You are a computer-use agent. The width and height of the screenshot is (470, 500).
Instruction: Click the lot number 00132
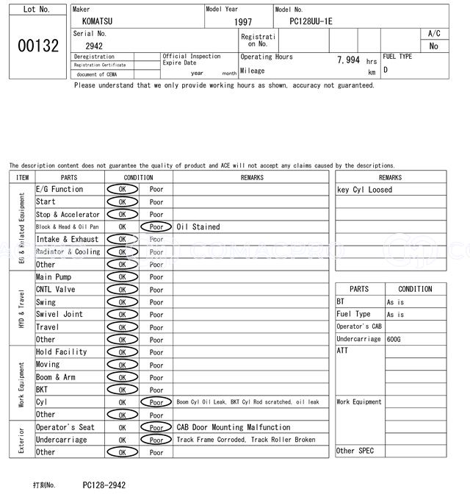pyautogui.click(x=37, y=46)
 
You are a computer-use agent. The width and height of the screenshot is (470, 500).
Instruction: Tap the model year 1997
pyautogui.click(x=243, y=22)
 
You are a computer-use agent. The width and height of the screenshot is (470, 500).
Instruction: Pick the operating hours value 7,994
pyautogui.click(x=348, y=60)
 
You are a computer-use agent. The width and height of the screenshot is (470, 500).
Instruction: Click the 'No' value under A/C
pyautogui.click(x=433, y=46)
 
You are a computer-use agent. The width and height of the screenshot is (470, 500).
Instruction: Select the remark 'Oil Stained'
pyautogui.click(x=198, y=227)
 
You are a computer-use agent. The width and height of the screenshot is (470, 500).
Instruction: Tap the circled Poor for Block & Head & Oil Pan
pyautogui.click(x=156, y=227)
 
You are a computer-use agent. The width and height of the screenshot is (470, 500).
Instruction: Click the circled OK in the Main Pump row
pyautogui.click(x=122, y=277)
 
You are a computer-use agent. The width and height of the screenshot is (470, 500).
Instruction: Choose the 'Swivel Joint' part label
pyautogui.click(x=59, y=315)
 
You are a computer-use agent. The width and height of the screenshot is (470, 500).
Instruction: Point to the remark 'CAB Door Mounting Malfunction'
pyautogui.click(x=234, y=427)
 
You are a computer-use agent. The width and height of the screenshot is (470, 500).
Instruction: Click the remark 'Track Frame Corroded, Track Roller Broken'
pyautogui.click(x=246, y=440)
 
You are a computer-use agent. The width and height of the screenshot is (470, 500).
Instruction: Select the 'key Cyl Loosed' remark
pyautogui.click(x=364, y=190)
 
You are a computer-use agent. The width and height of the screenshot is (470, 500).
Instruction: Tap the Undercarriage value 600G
pyautogui.click(x=394, y=340)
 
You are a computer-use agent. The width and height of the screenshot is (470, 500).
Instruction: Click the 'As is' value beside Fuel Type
pyautogui.click(x=396, y=315)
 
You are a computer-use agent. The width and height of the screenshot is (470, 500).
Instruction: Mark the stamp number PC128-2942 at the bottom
pyautogui.click(x=104, y=485)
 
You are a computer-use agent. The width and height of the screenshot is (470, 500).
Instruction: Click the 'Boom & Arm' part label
pyautogui.click(x=56, y=377)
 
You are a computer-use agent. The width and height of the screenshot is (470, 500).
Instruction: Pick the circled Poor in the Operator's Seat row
pyautogui.click(x=156, y=427)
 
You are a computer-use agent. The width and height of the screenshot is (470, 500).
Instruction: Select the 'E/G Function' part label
pyautogui.click(x=59, y=190)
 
